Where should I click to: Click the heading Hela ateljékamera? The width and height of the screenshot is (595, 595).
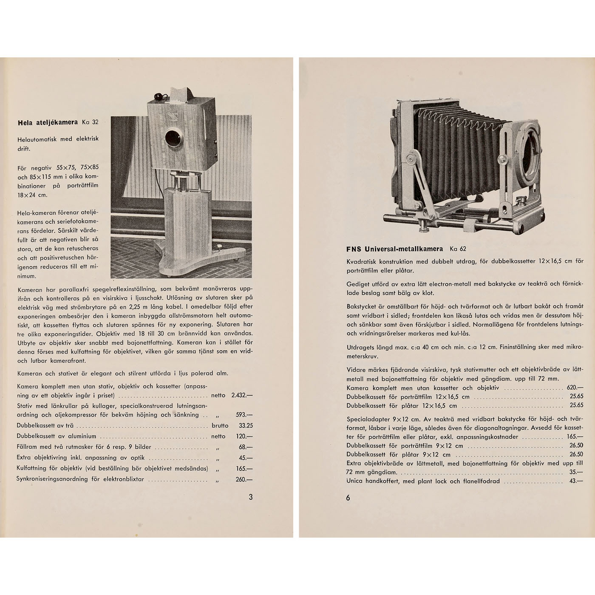[x=48, y=122]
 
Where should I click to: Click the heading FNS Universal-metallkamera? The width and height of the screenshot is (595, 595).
[x=394, y=249]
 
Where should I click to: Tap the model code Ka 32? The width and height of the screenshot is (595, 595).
[x=90, y=122]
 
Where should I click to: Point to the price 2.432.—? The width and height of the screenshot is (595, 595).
[x=242, y=395]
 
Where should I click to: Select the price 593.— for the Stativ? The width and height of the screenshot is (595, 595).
[x=244, y=415]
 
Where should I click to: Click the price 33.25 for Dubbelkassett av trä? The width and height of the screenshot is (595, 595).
[x=246, y=425]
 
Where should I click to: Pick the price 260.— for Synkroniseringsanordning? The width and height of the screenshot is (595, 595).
[x=244, y=479]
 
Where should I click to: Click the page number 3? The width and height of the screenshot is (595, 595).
[x=251, y=496]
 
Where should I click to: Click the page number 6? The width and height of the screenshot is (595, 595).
[x=348, y=498]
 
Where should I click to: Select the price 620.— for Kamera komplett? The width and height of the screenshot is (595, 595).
[x=575, y=388]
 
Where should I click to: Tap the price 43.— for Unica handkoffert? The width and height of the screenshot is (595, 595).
[x=576, y=482]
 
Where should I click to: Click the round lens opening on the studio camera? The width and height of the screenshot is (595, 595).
[x=174, y=137]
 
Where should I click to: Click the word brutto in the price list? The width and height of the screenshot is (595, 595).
[x=220, y=425]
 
